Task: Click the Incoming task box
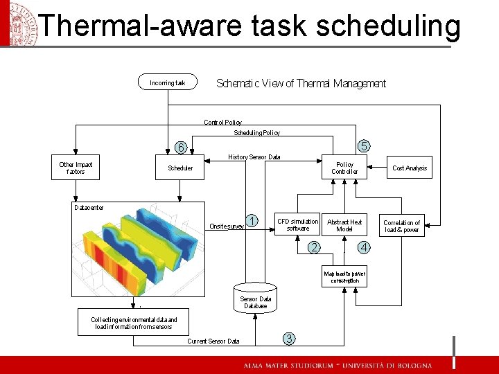coord(168,83)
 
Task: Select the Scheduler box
coord(180,168)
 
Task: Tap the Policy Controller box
coord(344,168)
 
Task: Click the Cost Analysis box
coord(410,168)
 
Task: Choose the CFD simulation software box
coord(297,225)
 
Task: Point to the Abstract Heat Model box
coord(344,225)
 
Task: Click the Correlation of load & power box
coord(401,226)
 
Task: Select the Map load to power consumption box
coord(344,277)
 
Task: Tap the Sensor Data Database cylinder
coord(255,299)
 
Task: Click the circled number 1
coord(254,220)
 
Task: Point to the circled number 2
coord(315,248)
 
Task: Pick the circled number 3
coord(289,338)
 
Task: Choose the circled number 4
coord(365,248)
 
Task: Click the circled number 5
coord(364,145)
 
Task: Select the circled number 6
coord(180,148)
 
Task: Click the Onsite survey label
coord(227,226)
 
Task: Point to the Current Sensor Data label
coord(213,341)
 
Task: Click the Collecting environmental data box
coord(134,323)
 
